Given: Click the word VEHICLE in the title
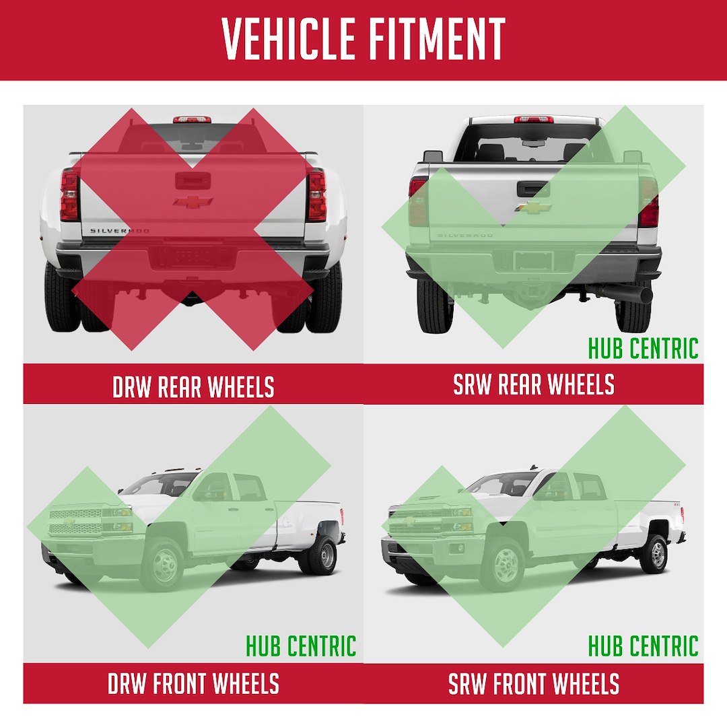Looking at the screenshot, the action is (288, 39).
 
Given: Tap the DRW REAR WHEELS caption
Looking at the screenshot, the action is (193, 386).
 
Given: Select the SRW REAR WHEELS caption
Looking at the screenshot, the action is (534, 384).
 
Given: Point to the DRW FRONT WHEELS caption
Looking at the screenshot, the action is (193, 683).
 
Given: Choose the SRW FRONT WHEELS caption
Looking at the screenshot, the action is (534, 683).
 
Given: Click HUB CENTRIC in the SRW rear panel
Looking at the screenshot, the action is (643, 348).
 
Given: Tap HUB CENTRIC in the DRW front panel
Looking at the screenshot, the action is (301, 646).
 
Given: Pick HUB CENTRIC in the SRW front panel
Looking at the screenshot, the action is (643, 646).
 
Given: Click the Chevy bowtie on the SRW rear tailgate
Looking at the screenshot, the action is (533, 207).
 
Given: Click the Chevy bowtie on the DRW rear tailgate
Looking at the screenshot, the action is (193, 202).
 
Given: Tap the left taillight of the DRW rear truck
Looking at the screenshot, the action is (69, 195).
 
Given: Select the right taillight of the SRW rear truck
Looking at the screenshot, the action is (649, 203).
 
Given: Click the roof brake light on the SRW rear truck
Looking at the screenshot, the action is (534, 120).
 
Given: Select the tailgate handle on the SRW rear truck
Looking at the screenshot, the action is (533, 188).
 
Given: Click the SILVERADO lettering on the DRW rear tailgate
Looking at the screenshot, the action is (120, 230).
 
